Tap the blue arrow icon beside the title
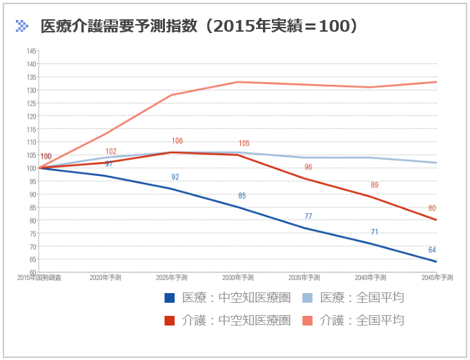point(22,26)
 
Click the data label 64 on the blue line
point(432,250)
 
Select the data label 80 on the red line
point(432,208)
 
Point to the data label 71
point(374,232)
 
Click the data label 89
point(374,185)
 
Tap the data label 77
point(308,216)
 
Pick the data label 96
point(308,167)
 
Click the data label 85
point(242,195)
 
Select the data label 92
point(175,177)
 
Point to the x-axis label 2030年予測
point(238,277)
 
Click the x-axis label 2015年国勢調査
point(39,277)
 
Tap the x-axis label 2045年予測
point(438,277)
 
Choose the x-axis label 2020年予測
point(106,277)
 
